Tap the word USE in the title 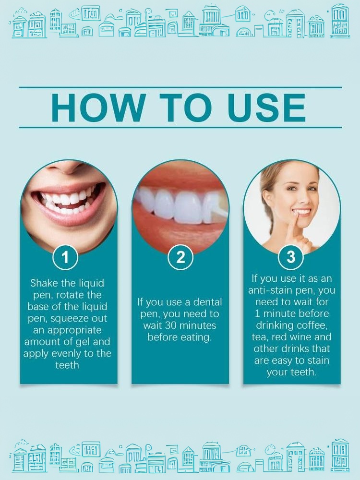coord(266,108)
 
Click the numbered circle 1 coord(65,257)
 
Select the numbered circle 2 coord(180,257)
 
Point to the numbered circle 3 coord(291,257)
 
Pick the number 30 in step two coord(171,325)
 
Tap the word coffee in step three coord(312,325)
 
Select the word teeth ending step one coord(67,365)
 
